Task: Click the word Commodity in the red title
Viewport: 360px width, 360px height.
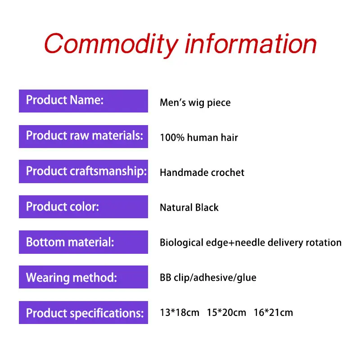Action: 111,44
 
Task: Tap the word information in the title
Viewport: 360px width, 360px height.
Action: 251,43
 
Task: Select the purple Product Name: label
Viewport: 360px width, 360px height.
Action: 83,101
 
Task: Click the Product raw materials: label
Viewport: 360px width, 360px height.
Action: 83,136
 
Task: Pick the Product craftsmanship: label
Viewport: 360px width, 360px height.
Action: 83,171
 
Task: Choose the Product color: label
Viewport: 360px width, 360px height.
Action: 83,207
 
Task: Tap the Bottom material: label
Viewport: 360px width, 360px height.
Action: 83,242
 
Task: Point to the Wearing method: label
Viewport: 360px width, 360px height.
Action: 83,277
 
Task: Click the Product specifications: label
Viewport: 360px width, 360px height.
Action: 83,312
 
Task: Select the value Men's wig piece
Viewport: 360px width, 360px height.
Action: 195,103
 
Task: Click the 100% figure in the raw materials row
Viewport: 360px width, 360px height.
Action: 172,138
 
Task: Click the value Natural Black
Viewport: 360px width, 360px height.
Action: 189,207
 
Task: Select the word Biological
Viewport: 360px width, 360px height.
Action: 181,243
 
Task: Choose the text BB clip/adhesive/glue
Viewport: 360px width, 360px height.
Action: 208,278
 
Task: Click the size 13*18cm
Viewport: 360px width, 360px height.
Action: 180,313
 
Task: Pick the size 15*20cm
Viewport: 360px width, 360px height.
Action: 227,313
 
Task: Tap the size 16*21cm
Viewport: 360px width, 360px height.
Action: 274,313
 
